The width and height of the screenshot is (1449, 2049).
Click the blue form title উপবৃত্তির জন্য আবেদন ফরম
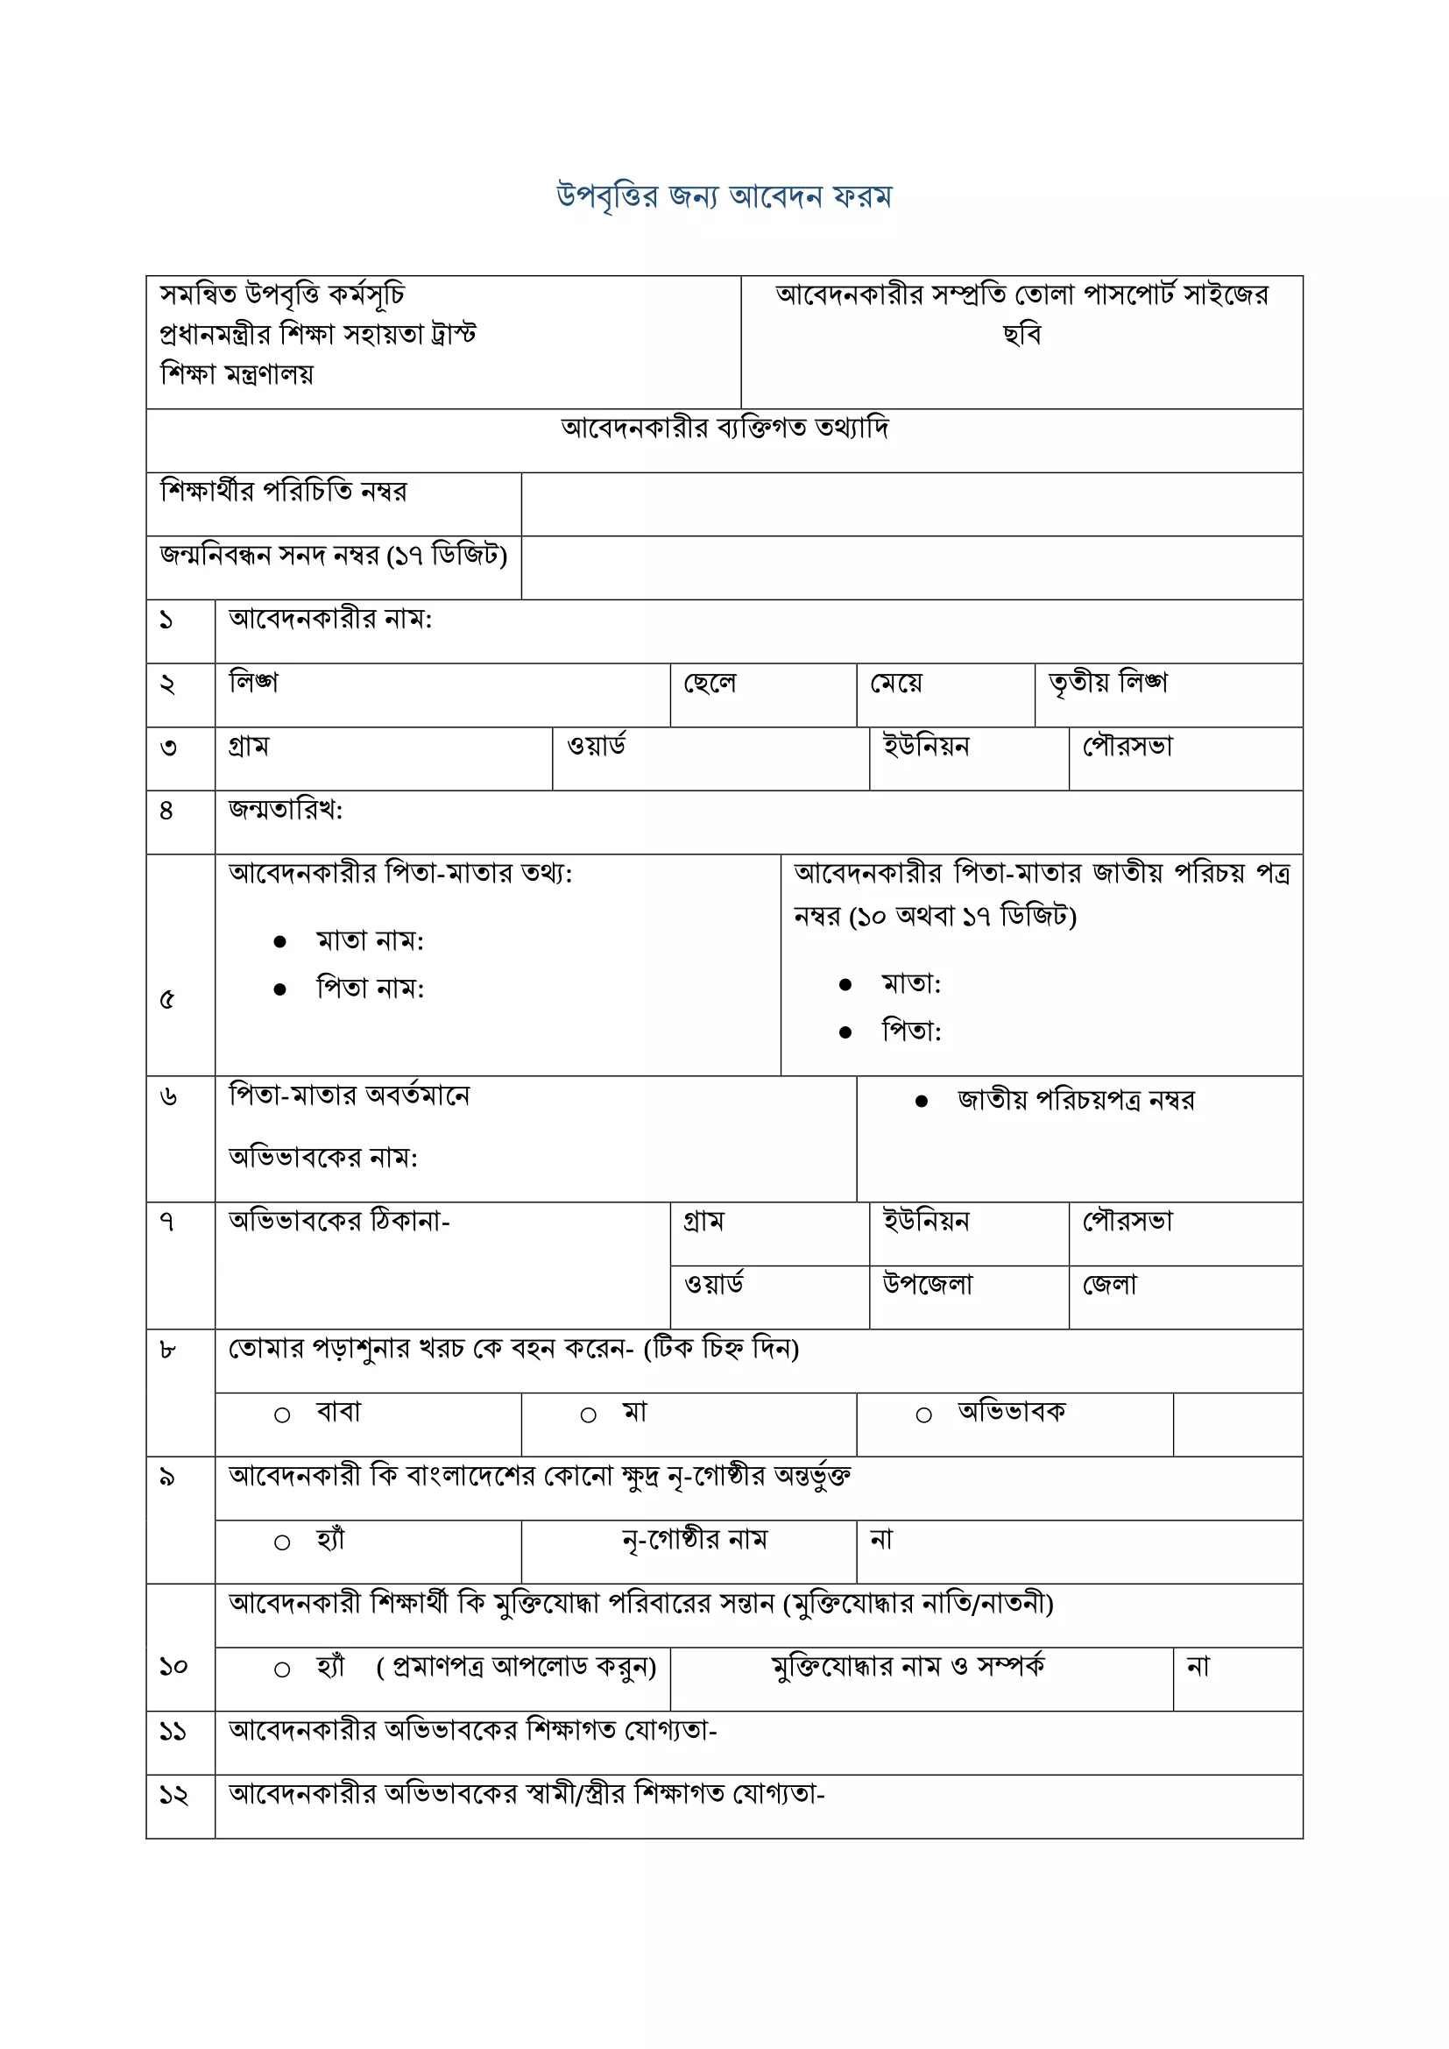724,195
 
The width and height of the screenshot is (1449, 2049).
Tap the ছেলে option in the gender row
710,684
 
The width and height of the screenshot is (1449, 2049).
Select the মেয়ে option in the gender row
896,684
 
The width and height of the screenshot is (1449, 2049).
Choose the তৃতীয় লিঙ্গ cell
1107,684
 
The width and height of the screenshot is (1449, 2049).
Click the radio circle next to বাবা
282,1415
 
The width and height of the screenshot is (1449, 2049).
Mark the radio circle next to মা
588,1415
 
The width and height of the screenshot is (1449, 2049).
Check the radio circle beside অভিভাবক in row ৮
923,1415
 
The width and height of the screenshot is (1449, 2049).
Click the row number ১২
173,1794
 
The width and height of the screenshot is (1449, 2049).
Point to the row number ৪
166,811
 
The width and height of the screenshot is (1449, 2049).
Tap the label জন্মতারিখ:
286,811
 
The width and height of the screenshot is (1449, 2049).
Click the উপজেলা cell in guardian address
927,1284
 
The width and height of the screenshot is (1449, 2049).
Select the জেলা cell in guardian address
1109,1285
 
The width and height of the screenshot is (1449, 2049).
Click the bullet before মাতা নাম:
280,941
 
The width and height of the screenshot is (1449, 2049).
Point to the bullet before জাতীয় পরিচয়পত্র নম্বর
922,1102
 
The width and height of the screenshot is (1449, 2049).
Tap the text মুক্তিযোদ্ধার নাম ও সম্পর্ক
908,1666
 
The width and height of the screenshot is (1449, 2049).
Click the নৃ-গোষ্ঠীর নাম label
694,1540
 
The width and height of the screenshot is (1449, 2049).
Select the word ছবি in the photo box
1021,335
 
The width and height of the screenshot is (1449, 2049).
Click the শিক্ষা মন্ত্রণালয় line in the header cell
237,373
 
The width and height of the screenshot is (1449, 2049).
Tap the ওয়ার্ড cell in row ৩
596,746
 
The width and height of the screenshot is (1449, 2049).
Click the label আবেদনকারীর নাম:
330,620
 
